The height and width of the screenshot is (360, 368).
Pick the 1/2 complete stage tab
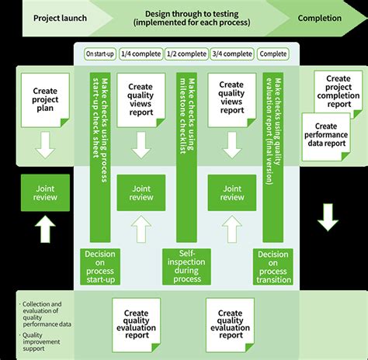coord(186,54)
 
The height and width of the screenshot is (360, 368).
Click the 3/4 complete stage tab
coord(232,54)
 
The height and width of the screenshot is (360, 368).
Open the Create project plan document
coord(45,95)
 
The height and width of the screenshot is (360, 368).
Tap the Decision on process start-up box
coord(100,266)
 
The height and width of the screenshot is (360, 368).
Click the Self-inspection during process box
coord(186,266)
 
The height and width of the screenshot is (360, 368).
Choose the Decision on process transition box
coord(273,266)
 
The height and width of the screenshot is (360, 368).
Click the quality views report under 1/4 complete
coord(141,99)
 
